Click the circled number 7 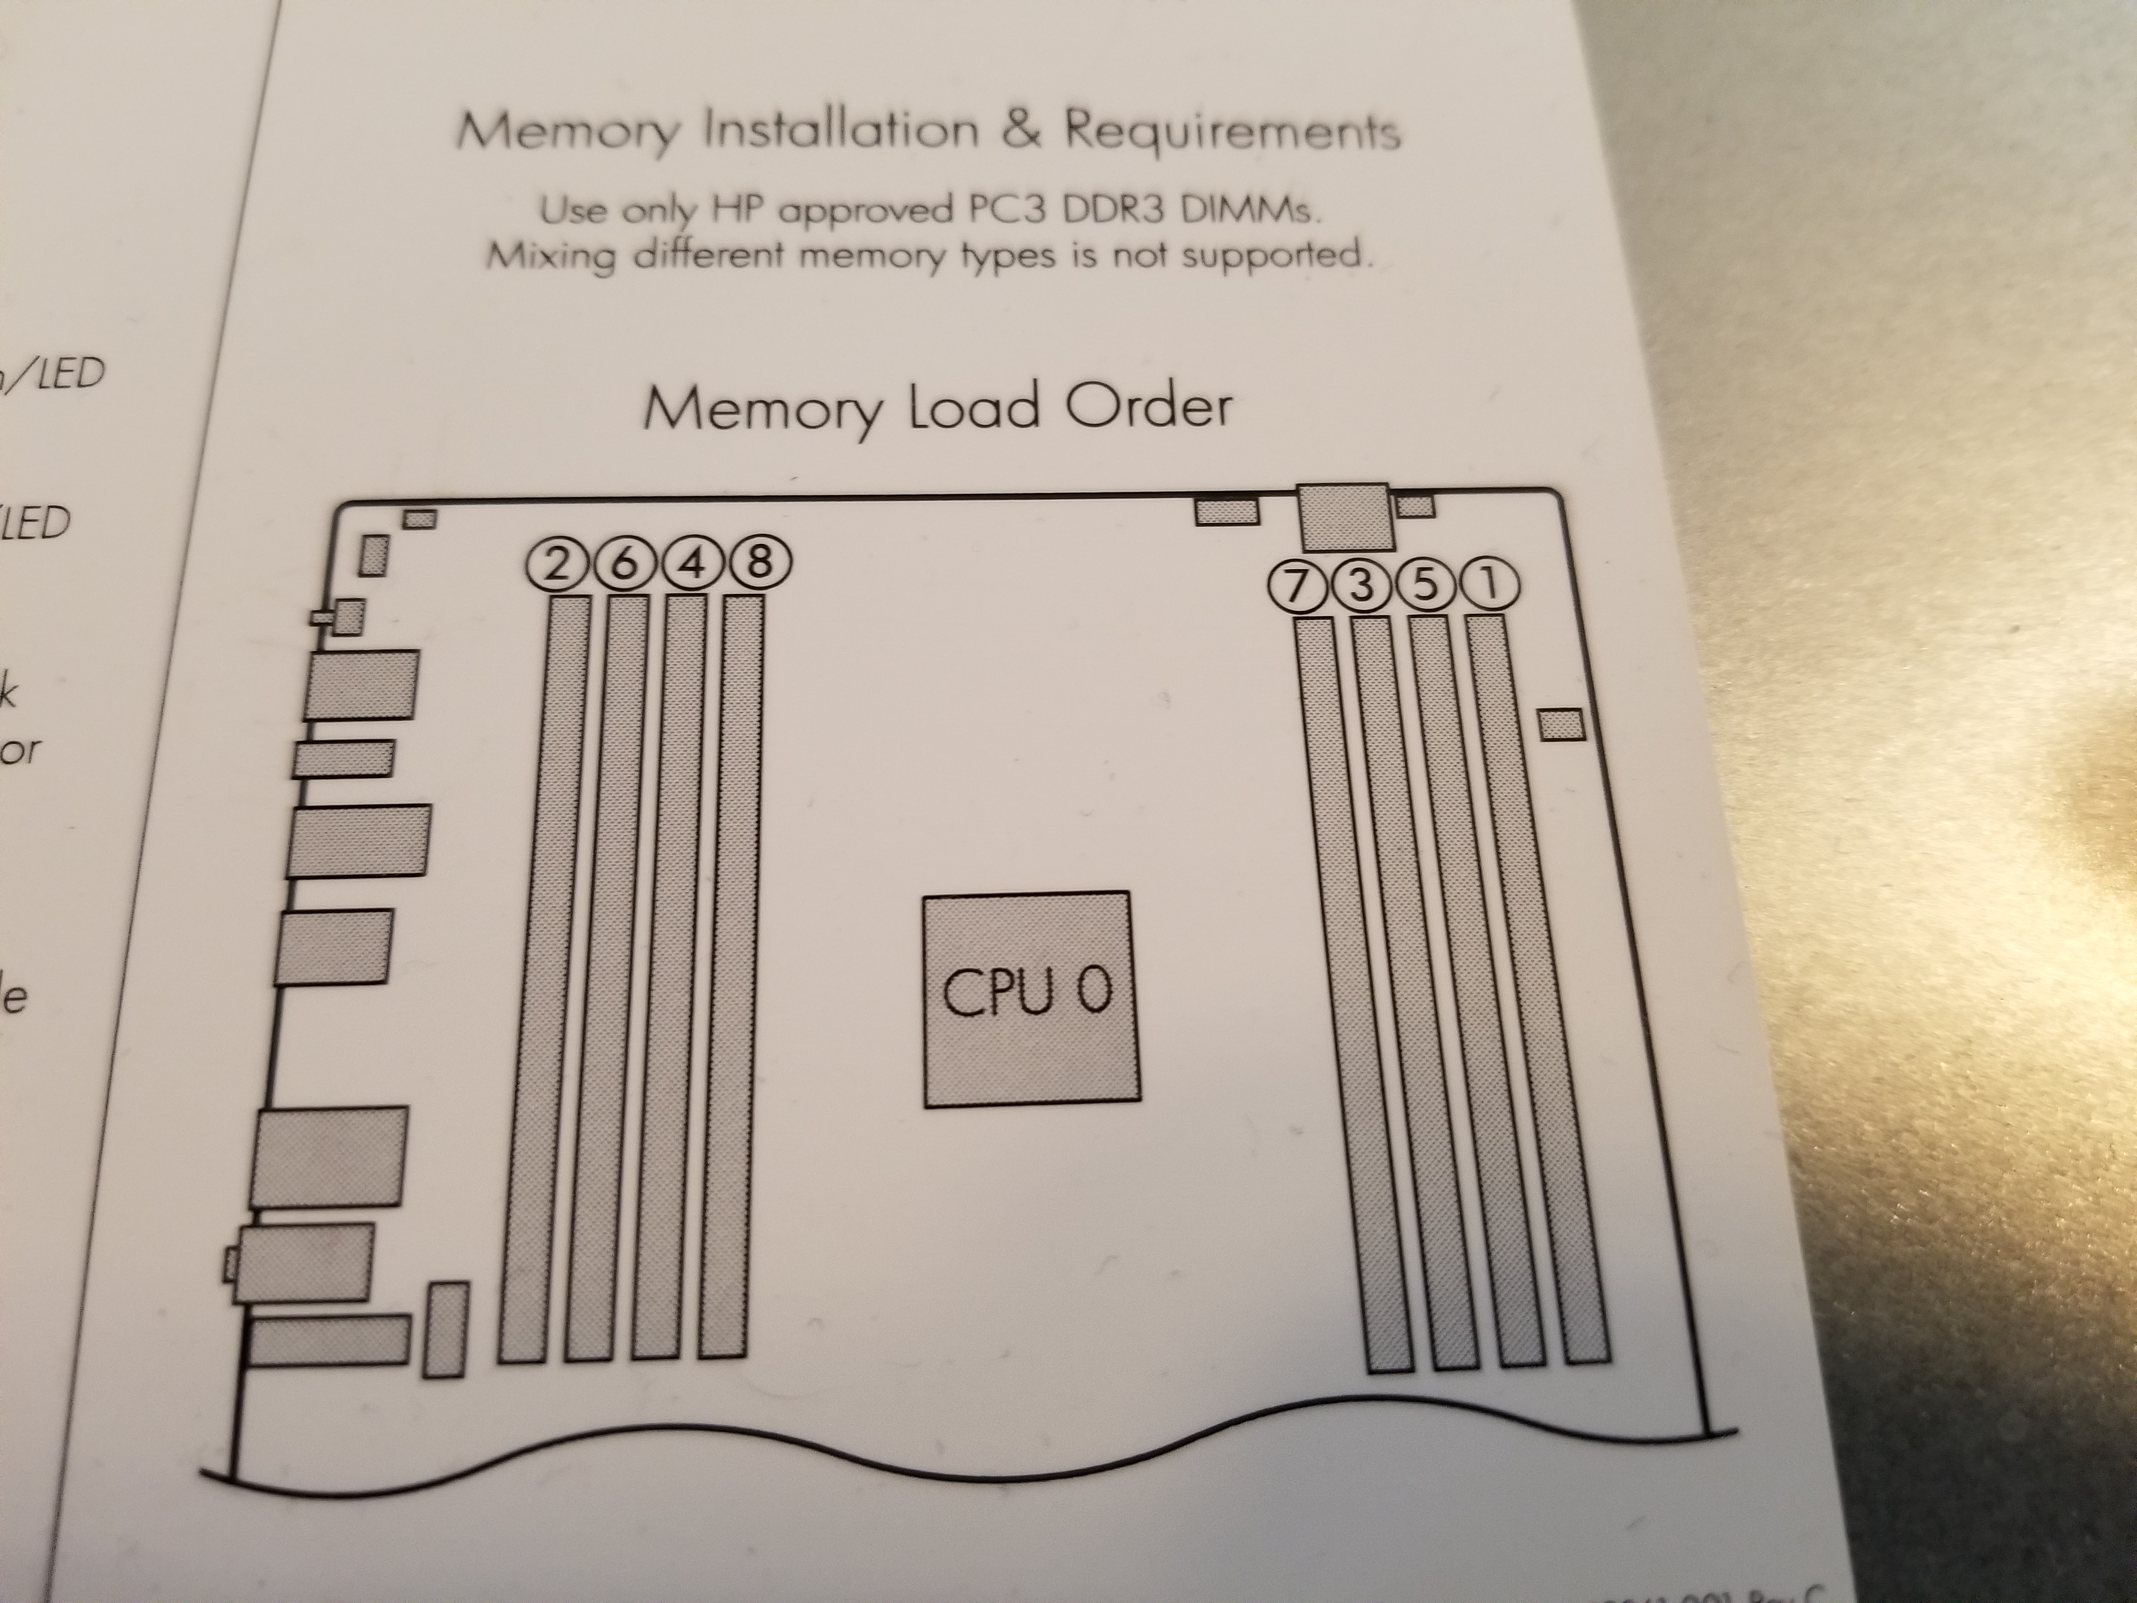pyautogui.click(x=1294, y=586)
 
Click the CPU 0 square pyautogui.click(x=1030, y=998)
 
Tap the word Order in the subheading pyautogui.click(x=1147, y=406)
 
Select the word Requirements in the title pyautogui.click(x=1232, y=134)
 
